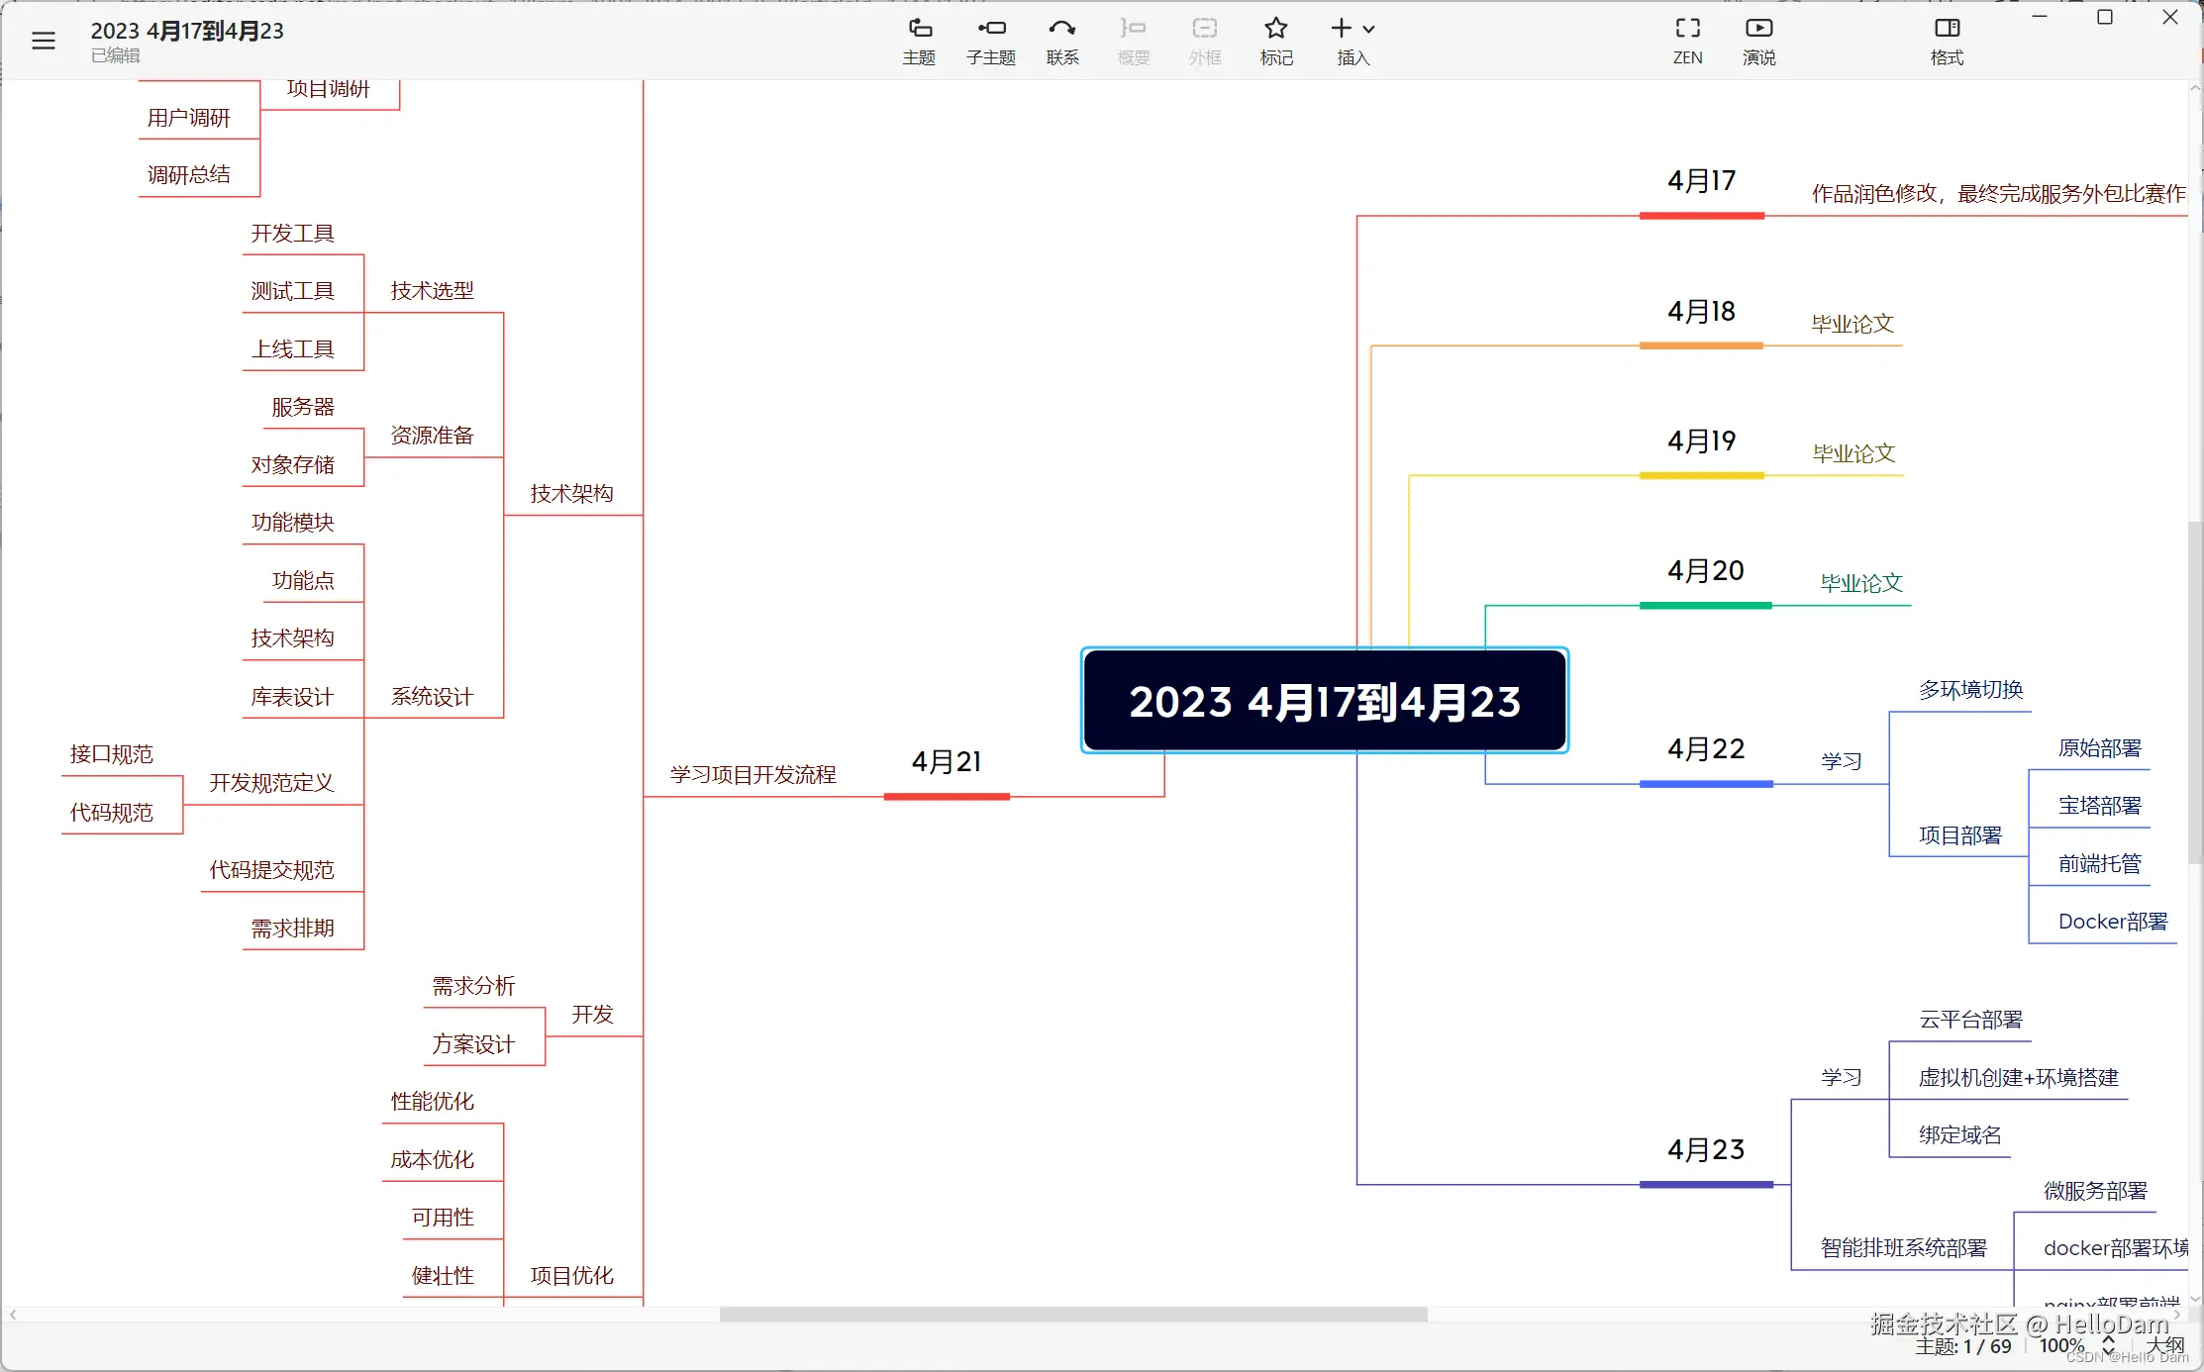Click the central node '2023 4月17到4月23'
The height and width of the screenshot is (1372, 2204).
(x=1324, y=701)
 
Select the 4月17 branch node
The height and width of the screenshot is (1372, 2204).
(x=1701, y=181)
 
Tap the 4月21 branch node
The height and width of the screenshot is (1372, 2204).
(x=946, y=762)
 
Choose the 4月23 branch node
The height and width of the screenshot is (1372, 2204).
(x=1705, y=1150)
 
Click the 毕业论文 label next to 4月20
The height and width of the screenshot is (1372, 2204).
(x=1860, y=583)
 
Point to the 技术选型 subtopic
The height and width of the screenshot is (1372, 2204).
(x=432, y=291)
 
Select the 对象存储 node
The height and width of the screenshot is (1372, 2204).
(x=292, y=465)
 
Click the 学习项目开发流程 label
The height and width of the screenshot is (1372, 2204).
(x=752, y=775)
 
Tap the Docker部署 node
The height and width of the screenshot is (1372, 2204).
(x=2112, y=923)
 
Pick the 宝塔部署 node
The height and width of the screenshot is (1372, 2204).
(x=2099, y=806)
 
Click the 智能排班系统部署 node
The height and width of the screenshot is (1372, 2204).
(x=1903, y=1248)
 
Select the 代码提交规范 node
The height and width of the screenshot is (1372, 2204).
(x=271, y=870)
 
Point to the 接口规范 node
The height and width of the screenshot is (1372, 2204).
(x=111, y=754)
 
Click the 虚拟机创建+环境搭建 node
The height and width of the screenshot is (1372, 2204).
(x=2018, y=1078)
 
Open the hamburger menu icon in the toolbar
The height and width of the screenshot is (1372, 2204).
(x=44, y=41)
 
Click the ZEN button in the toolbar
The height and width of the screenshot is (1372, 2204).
(x=1687, y=41)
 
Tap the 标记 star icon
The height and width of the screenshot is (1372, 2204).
(x=1276, y=41)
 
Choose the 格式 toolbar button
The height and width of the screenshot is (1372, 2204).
(x=1947, y=41)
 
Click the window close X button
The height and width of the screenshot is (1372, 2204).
(x=2169, y=18)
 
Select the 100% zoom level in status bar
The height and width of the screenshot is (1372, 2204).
(x=2061, y=1346)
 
